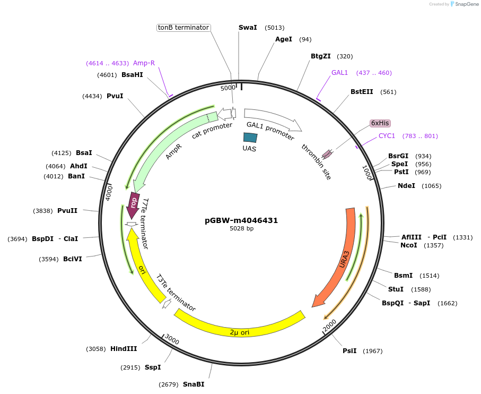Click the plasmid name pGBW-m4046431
[241, 220]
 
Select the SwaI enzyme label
[248, 27]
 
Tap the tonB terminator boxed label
[183, 28]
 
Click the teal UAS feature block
[250, 137]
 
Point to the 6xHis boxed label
[380, 123]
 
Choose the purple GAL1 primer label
[339, 73]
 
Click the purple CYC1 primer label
[387, 136]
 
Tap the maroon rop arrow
[133, 204]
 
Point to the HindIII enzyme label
[124, 349]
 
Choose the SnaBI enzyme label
[194, 384]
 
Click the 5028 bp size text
[241, 229]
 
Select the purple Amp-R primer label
[144, 63]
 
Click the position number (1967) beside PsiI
[372, 351]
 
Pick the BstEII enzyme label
[362, 92]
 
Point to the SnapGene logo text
[464, 4]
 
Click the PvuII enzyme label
[67, 211]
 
